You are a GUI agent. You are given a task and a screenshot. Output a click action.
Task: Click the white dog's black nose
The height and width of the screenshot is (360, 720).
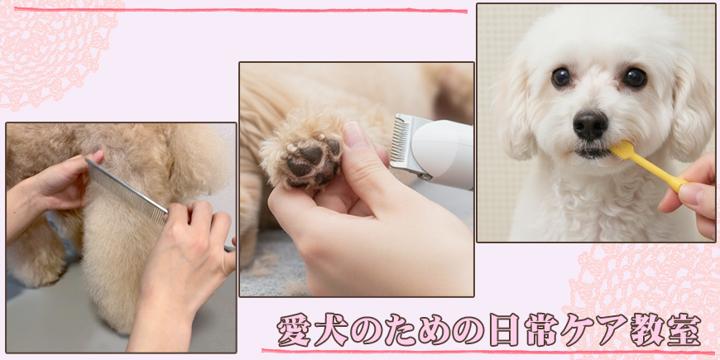[x=590, y=125]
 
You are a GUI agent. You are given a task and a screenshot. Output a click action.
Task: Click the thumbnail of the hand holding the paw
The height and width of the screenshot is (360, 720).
[x=353, y=135]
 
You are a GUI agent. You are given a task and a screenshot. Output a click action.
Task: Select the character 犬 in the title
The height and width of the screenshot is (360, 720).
[x=331, y=329]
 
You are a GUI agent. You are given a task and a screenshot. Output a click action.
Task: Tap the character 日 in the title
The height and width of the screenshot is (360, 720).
[x=504, y=329]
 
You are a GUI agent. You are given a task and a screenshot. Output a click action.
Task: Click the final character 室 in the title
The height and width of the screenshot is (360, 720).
[x=684, y=329]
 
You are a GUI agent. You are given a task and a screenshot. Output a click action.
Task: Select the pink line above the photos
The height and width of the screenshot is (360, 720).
[x=241, y=10]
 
